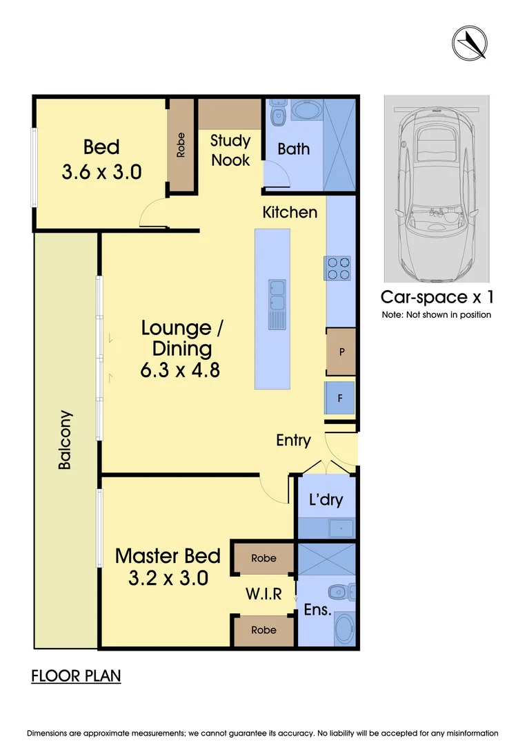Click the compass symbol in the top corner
(x=470, y=42)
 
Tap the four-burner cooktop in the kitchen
(x=337, y=268)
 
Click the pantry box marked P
(x=341, y=352)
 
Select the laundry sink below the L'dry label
(x=341, y=528)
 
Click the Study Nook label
(x=230, y=150)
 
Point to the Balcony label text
(x=64, y=440)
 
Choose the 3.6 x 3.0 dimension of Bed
(x=101, y=171)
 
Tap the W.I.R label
(x=263, y=593)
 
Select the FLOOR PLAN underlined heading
(x=76, y=676)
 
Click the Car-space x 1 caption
(x=437, y=298)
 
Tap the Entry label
(x=293, y=440)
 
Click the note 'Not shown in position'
(x=437, y=315)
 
